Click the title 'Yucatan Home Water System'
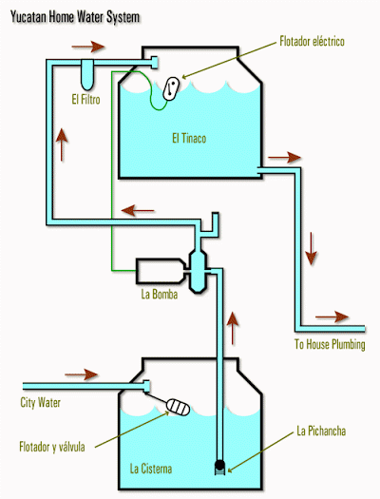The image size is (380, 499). point(75,17)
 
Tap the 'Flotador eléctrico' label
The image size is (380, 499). point(312,42)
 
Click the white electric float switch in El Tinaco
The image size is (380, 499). point(171,88)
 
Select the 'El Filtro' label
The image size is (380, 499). point(85,99)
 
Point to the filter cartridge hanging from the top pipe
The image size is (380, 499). point(87,75)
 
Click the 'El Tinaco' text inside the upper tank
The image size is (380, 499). point(189,139)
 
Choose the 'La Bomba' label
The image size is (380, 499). point(160,294)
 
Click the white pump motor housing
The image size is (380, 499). point(161,271)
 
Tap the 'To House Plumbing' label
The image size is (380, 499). point(330,344)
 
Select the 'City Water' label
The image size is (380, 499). point(41,403)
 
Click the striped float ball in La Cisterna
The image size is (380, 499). point(178,407)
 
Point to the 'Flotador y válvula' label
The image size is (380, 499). point(52,447)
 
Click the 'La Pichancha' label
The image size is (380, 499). point(321,431)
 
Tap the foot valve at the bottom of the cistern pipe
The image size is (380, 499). point(219,468)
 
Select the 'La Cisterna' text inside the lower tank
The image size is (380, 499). point(151,469)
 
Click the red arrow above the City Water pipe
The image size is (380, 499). point(81,374)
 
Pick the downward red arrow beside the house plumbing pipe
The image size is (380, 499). point(311,248)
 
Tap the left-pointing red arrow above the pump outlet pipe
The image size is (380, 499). point(138,211)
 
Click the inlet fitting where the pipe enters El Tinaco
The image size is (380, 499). point(154,63)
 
